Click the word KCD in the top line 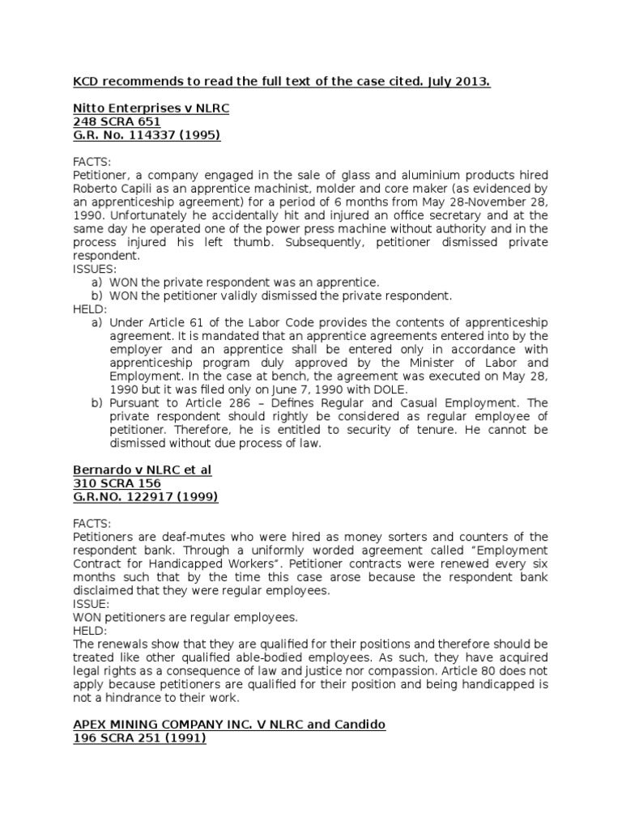[x=87, y=82]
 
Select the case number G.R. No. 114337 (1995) [x=147, y=135]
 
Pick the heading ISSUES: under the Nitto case [x=95, y=269]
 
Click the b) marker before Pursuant [x=97, y=402]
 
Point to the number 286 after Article [x=242, y=402]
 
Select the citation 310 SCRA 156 [x=117, y=483]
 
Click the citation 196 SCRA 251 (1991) [x=139, y=738]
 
